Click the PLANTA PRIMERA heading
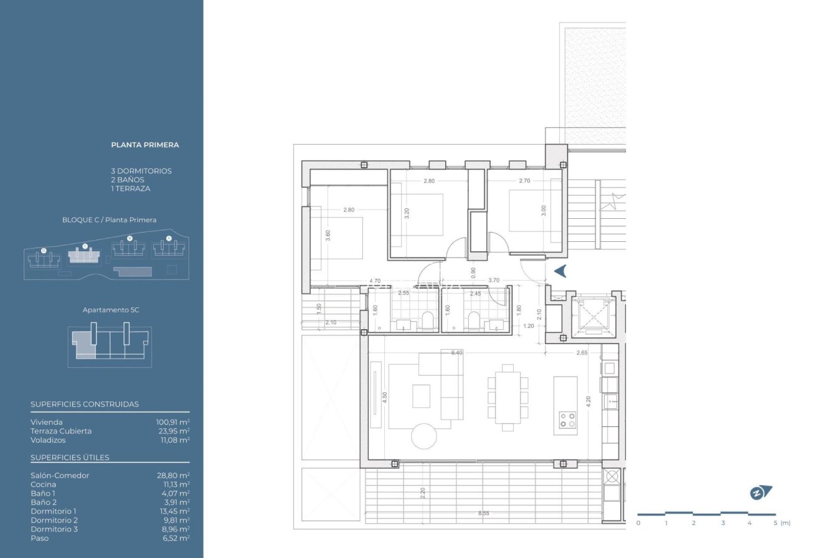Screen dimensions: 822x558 (x=145, y=145)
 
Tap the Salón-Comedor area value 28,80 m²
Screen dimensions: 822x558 (x=173, y=475)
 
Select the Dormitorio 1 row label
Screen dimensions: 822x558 (x=54, y=511)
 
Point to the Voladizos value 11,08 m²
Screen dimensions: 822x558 (x=175, y=440)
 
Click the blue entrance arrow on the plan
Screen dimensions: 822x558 (x=560, y=271)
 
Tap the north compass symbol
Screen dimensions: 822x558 (x=760, y=493)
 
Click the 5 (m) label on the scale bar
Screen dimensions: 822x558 (x=782, y=522)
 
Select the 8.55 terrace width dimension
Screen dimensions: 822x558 (x=484, y=513)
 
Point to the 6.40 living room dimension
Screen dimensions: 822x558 (x=457, y=353)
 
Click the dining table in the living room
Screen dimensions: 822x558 (x=508, y=398)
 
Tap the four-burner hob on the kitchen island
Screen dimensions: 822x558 (x=567, y=420)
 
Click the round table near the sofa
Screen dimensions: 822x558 (x=424, y=436)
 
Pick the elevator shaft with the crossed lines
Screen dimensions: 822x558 (x=593, y=316)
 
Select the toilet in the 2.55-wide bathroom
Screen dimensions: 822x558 (x=428, y=320)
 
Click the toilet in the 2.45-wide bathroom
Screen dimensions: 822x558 (x=474, y=320)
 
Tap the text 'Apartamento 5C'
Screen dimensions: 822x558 (x=111, y=310)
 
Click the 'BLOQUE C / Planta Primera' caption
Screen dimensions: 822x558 (x=110, y=220)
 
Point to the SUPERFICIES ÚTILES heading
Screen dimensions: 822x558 (x=70, y=458)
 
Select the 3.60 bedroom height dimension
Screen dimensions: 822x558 (x=328, y=236)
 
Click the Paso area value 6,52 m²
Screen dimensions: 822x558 (x=176, y=538)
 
